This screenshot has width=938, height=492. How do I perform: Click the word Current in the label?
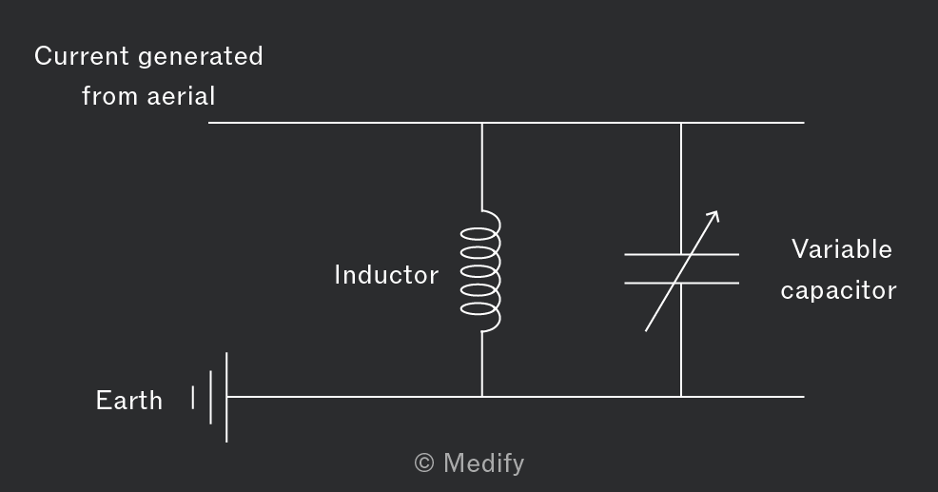[82, 56]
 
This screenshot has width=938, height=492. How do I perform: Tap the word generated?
[201, 57]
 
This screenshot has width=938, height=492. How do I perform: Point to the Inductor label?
[386, 275]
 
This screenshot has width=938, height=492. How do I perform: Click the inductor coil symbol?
[481, 270]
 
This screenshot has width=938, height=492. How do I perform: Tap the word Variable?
[842, 249]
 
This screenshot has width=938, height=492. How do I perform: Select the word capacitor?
[838, 291]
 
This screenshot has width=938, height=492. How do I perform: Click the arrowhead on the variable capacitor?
[713, 216]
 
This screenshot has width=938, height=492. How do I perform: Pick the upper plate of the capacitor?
[681, 254]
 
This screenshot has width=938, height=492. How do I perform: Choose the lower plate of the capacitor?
[681, 283]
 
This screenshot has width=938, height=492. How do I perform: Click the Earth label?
[129, 401]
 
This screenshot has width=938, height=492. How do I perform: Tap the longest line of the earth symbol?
[226, 397]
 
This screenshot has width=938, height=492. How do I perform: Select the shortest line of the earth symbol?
[192, 398]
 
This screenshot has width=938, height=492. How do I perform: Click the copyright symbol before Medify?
[424, 462]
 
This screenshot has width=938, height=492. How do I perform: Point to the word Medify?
[484, 463]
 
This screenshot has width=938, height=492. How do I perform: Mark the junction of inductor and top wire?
[481, 123]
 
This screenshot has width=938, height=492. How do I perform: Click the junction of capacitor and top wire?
[681, 123]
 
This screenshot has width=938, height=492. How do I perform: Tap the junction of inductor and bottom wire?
[481, 396]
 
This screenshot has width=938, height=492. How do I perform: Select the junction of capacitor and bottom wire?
[681, 396]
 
